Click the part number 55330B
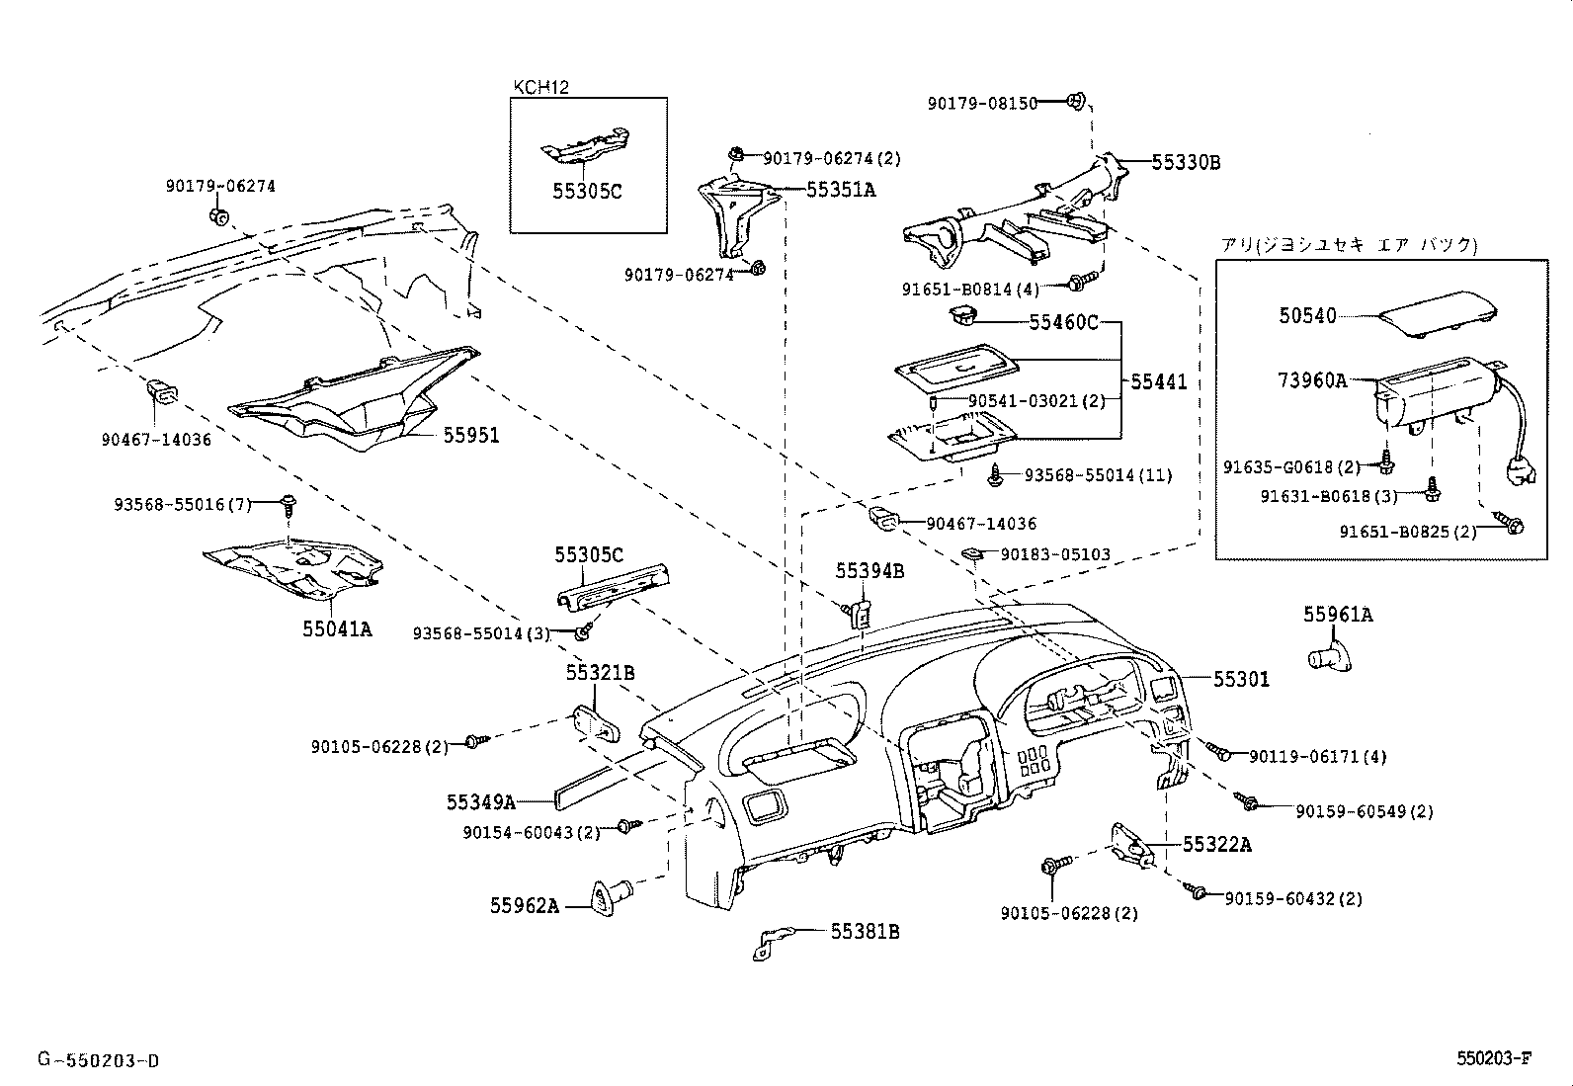(1186, 163)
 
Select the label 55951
(470, 435)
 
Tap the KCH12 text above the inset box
(540, 87)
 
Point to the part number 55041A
(337, 628)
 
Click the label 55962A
(524, 905)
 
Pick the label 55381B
(865, 931)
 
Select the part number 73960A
(1313, 379)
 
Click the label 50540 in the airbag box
(1307, 316)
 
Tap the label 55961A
(1337, 615)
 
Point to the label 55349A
(480, 802)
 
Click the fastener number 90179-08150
(982, 103)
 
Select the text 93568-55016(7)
(183, 505)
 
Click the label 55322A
(1217, 844)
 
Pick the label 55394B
(869, 570)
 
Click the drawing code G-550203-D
(98, 1061)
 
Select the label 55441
(1158, 382)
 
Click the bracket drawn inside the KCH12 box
(587, 146)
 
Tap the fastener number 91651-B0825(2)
(1407, 532)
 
